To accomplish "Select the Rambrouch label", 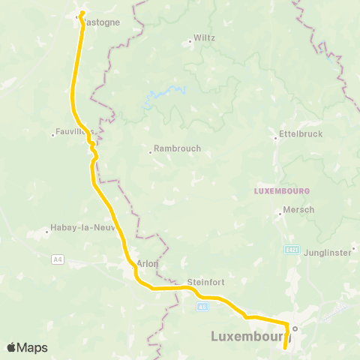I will (x=177, y=148).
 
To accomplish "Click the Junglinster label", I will (x=328, y=253).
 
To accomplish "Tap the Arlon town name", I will (x=147, y=263).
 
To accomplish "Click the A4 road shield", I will (x=58, y=259).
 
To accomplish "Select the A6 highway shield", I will (x=203, y=306).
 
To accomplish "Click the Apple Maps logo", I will (x=27, y=347).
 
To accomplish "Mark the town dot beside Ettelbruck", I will (x=275, y=137).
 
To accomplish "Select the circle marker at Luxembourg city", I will (x=295, y=328).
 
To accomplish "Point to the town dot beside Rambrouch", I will (x=150, y=153).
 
